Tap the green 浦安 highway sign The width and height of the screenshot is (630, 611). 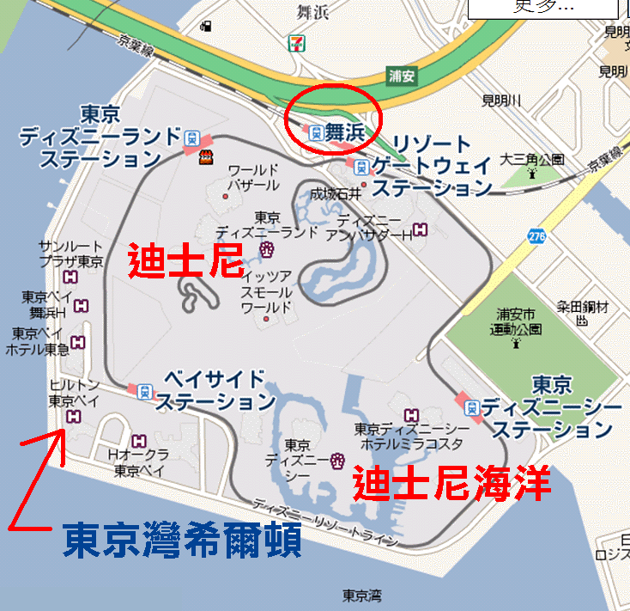(x=401, y=76)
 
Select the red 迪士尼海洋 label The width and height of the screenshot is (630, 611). (x=452, y=484)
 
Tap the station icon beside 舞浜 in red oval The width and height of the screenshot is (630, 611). (x=315, y=132)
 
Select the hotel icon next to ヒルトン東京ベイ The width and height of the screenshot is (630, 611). (x=72, y=417)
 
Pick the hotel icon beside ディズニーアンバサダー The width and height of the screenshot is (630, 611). (x=420, y=229)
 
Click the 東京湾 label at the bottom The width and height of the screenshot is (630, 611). (x=361, y=596)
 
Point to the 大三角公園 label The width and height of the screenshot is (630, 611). (x=532, y=159)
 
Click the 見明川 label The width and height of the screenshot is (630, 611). (x=501, y=101)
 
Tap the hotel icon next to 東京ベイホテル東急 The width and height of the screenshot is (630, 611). (x=79, y=343)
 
